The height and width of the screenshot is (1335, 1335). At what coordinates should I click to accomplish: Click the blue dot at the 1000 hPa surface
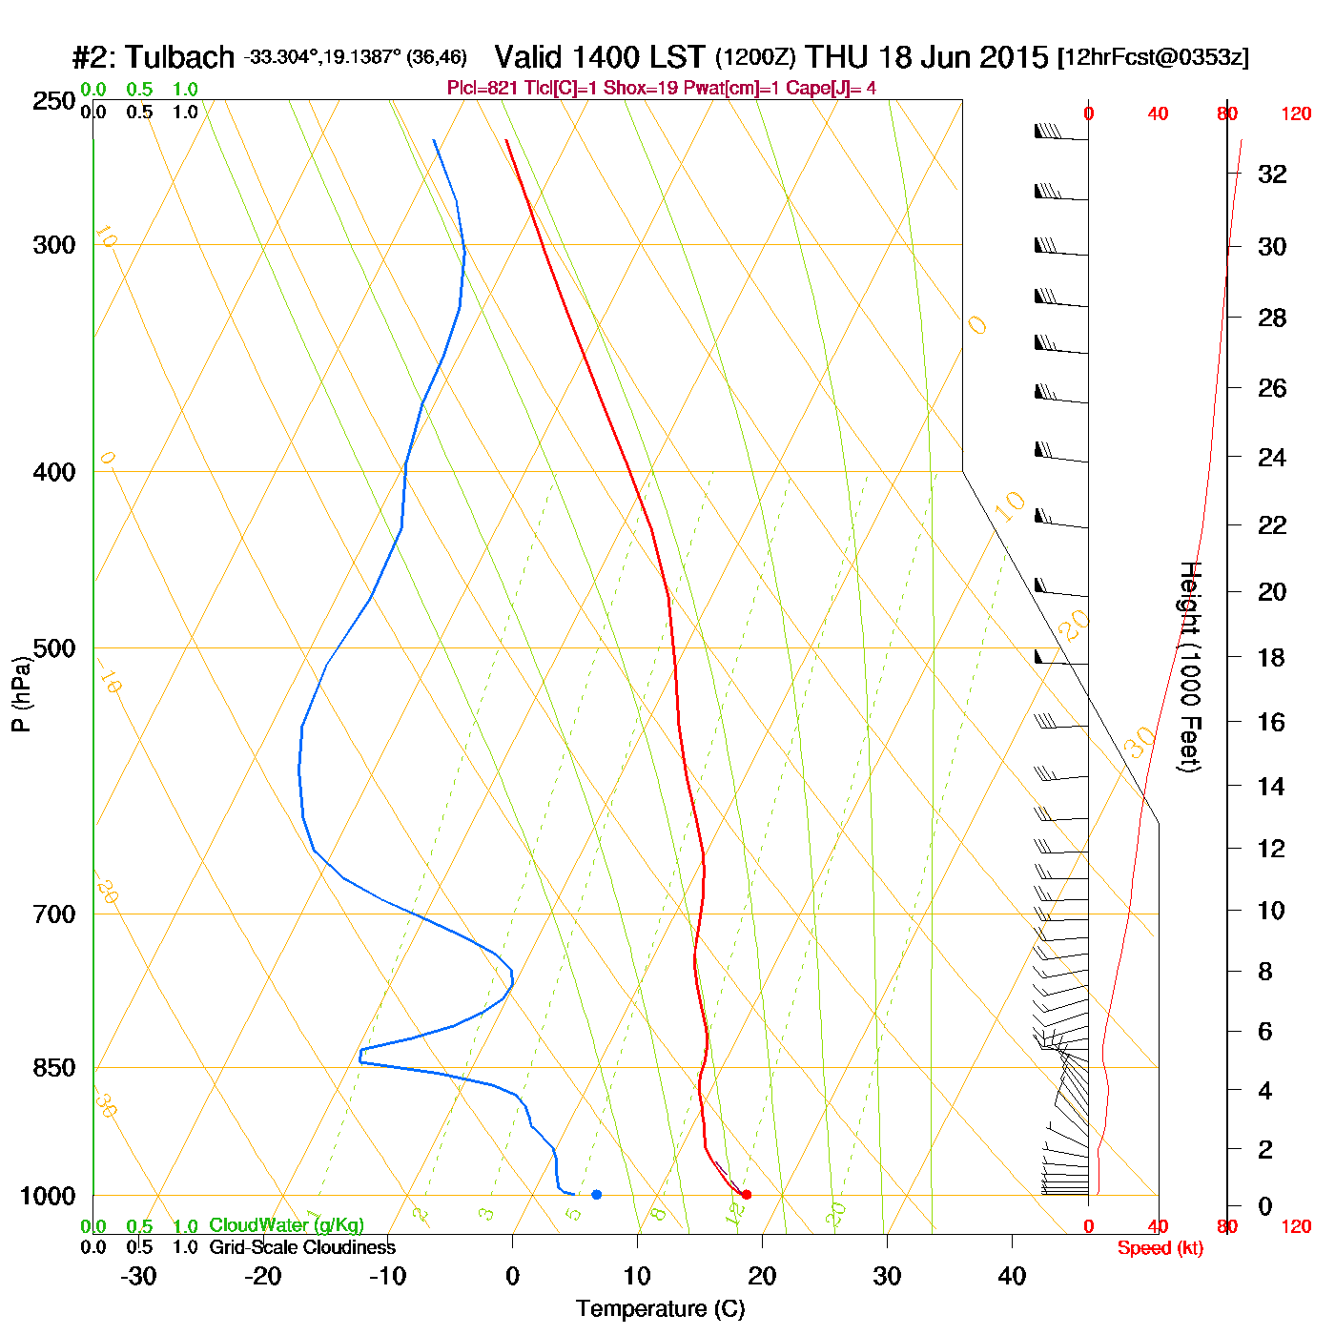pyautogui.click(x=596, y=1194)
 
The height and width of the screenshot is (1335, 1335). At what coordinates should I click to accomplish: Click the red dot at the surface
pyautogui.click(x=747, y=1194)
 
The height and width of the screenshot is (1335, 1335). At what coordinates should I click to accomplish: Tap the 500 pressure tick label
pyautogui.click(x=54, y=648)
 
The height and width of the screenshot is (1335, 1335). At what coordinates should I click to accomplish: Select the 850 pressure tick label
pyautogui.click(x=54, y=1068)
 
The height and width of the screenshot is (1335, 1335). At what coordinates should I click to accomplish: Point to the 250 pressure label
pyautogui.click(x=54, y=101)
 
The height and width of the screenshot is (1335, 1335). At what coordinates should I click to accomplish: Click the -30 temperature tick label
pyautogui.click(x=138, y=1276)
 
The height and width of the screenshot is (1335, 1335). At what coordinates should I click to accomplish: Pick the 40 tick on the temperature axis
pyautogui.click(x=1012, y=1276)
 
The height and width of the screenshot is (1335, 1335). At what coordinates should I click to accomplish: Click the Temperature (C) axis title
pyautogui.click(x=660, y=1309)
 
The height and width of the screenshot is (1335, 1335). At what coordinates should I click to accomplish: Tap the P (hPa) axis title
pyautogui.click(x=21, y=694)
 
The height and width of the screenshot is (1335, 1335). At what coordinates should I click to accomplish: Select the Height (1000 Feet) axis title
pyautogui.click(x=1190, y=667)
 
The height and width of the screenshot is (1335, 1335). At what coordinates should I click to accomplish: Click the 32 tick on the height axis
pyautogui.click(x=1272, y=175)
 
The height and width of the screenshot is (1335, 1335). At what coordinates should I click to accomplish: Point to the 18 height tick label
pyautogui.click(x=1271, y=657)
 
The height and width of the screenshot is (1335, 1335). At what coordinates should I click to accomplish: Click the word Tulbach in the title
pyautogui.click(x=180, y=57)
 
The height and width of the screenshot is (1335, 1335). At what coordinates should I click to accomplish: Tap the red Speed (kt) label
pyautogui.click(x=1160, y=1248)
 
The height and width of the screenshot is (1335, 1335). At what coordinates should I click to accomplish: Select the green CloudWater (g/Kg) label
pyautogui.click(x=286, y=1225)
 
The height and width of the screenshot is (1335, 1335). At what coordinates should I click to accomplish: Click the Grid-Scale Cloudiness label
pyautogui.click(x=302, y=1247)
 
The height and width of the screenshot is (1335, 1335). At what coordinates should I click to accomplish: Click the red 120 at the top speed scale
pyautogui.click(x=1296, y=114)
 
